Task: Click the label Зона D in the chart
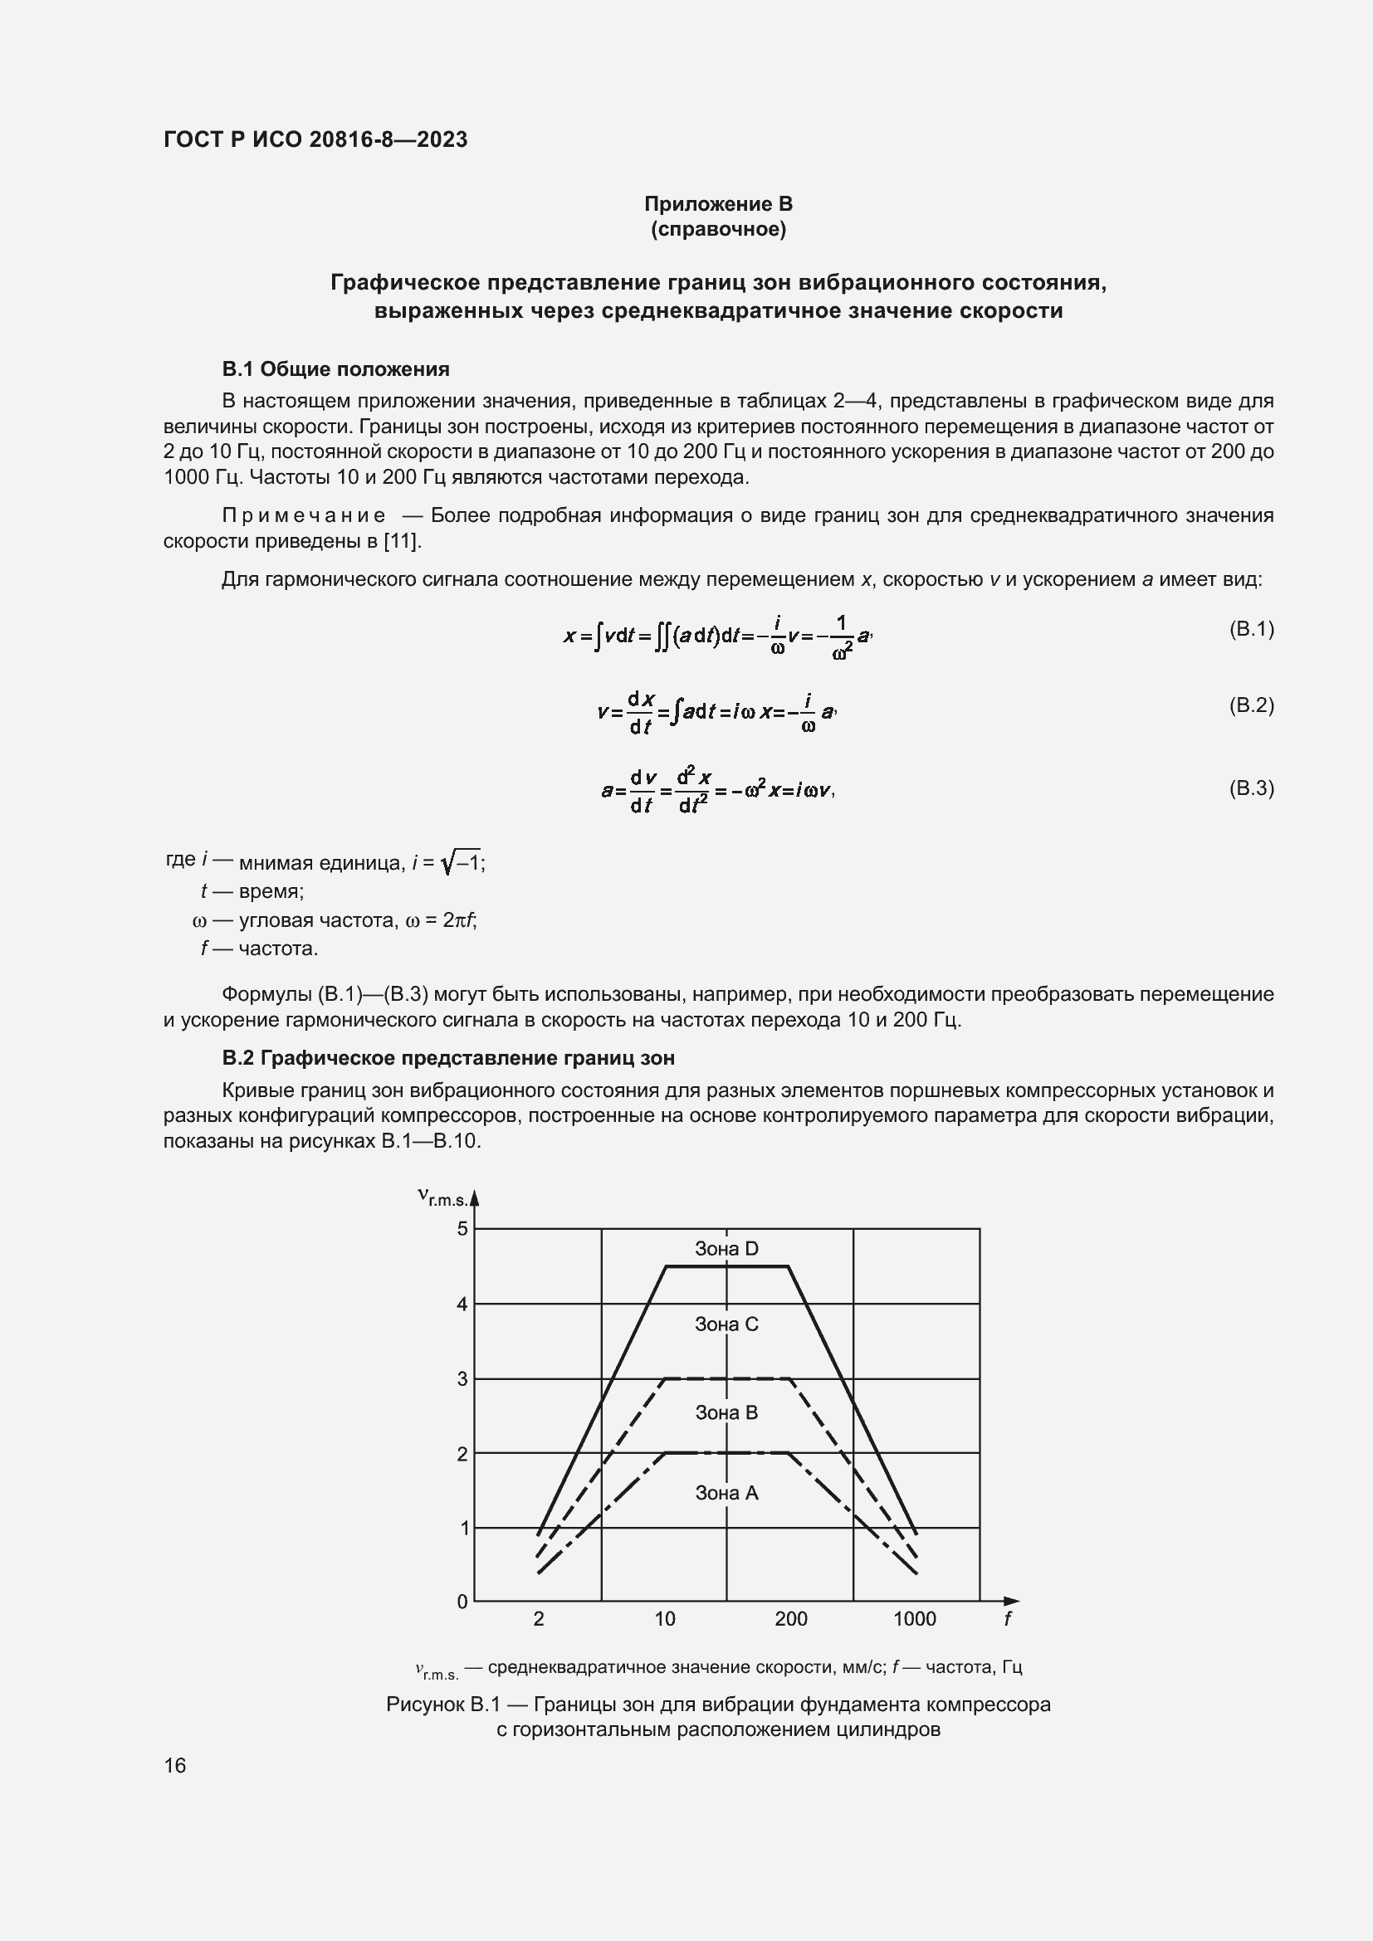(726, 1249)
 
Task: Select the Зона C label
(726, 1324)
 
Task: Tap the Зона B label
(726, 1412)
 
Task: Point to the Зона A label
(726, 1494)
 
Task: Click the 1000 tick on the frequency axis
(915, 1619)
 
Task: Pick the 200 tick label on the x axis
(790, 1619)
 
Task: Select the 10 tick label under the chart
(665, 1619)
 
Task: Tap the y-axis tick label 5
(462, 1228)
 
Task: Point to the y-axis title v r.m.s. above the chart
(444, 1197)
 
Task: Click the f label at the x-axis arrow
(1008, 1619)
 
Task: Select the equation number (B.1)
(1250, 629)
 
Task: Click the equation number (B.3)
(1250, 788)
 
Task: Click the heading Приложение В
(718, 204)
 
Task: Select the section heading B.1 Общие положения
(335, 369)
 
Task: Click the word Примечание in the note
(304, 515)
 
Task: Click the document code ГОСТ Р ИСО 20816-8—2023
(315, 139)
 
